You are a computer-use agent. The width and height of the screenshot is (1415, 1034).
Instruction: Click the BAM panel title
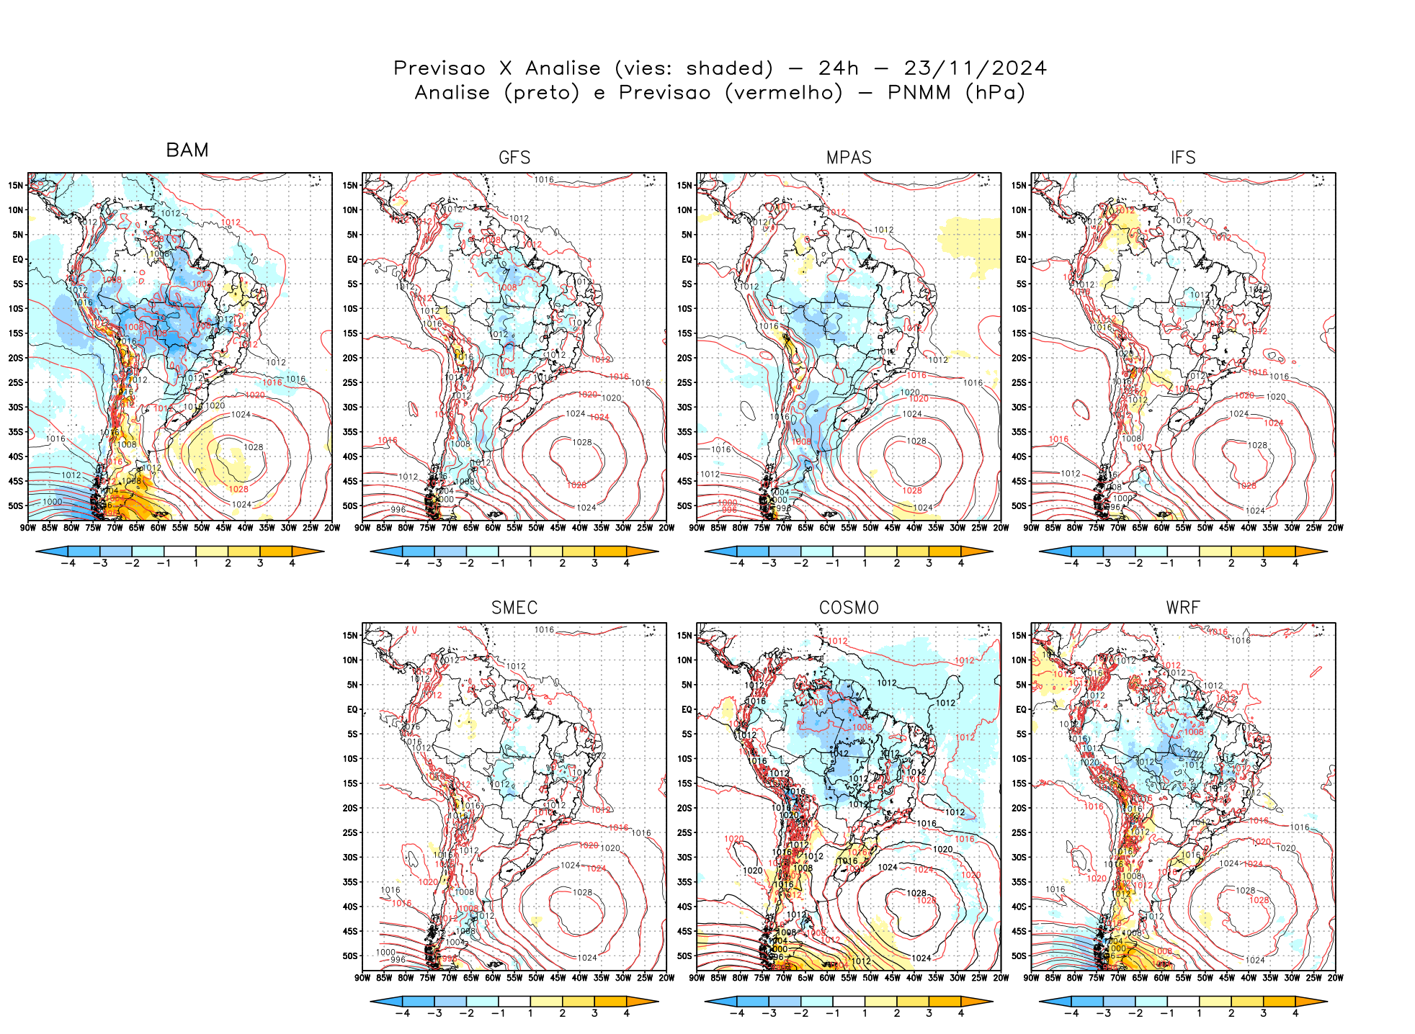click(187, 150)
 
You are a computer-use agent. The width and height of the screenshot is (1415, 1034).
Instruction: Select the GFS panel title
click(514, 158)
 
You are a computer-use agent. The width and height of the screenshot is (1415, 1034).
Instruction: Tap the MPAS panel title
click(849, 158)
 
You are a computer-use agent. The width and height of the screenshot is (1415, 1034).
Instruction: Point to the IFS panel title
click(1183, 158)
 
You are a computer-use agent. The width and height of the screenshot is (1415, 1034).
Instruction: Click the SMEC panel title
click(514, 608)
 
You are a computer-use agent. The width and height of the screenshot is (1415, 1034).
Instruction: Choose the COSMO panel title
click(849, 608)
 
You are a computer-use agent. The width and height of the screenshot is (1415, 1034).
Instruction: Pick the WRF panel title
click(1183, 608)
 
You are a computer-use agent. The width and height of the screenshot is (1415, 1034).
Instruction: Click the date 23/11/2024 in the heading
click(975, 68)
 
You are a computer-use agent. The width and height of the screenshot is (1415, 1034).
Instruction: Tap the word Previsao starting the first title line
click(439, 68)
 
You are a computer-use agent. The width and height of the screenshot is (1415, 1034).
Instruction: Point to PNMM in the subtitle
click(919, 93)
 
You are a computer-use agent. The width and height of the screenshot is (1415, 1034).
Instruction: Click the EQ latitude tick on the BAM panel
click(18, 259)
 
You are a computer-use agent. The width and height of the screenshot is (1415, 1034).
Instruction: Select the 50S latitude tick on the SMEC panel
click(350, 956)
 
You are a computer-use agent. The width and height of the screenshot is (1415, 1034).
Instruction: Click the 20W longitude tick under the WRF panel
click(1335, 978)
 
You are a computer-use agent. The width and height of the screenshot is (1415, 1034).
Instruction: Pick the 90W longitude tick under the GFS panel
click(362, 528)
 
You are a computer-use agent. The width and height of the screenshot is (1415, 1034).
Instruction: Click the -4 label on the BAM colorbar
click(68, 563)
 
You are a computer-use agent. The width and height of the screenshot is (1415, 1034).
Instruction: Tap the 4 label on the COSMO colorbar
click(961, 1013)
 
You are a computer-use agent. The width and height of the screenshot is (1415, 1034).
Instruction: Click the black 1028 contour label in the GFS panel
click(582, 442)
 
